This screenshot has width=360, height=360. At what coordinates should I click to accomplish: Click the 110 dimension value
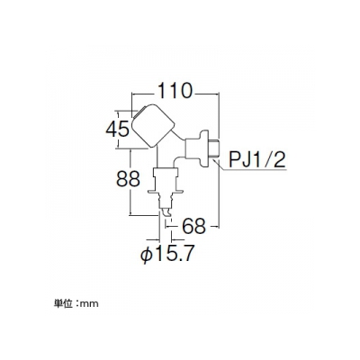pos(175,91)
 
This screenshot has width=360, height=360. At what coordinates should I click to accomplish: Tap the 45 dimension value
pos(117,130)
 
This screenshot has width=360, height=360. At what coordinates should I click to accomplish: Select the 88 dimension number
pos(128,179)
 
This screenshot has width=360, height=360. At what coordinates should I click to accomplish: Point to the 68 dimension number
pos(194,226)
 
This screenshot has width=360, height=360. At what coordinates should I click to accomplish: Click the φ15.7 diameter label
pos(167,254)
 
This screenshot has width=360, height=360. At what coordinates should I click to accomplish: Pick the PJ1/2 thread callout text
pos(256,159)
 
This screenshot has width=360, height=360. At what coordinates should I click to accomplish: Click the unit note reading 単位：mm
pos(76,303)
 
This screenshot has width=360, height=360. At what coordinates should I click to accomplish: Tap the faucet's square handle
pos(152,126)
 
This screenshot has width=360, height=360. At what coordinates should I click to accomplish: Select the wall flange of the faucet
pos(204,148)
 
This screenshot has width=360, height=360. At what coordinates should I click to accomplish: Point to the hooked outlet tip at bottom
pos(166,211)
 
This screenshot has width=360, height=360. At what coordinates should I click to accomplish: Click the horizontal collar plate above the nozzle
pos(166,192)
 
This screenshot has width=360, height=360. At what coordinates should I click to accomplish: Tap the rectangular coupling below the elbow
pos(166,173)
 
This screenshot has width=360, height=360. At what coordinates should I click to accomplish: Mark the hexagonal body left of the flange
pos(193,148)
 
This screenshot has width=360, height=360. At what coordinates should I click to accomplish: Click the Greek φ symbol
pos(146,255)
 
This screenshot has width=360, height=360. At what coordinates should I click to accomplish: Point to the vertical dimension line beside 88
pos(130,182)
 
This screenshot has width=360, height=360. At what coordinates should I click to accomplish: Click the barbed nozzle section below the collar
pos(166,201)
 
